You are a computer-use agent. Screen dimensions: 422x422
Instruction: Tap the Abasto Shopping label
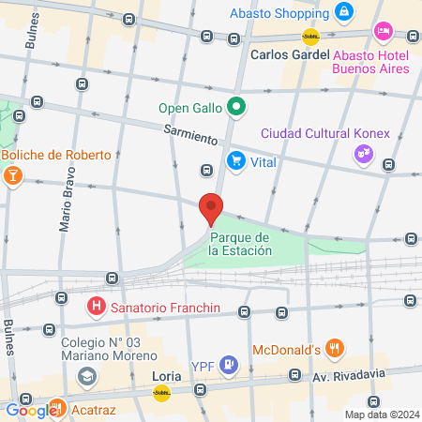[x=278, y=13]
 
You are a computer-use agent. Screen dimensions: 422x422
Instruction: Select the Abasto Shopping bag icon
[x=346, y=12]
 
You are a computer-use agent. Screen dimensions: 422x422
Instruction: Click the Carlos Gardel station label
[x=291, y=53]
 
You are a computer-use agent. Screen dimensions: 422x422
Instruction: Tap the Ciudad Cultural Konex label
[x=324, y=132]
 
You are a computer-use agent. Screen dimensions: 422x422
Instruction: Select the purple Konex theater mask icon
[x=362, y=154]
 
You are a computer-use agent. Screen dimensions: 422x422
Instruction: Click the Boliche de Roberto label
[x=56, y=155]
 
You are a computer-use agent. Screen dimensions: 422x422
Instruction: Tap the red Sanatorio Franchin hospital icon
[x=95, y=306]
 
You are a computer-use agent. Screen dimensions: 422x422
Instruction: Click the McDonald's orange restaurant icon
[x=335, y=350]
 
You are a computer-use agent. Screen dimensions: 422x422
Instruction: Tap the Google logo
[x=30, y=410]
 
